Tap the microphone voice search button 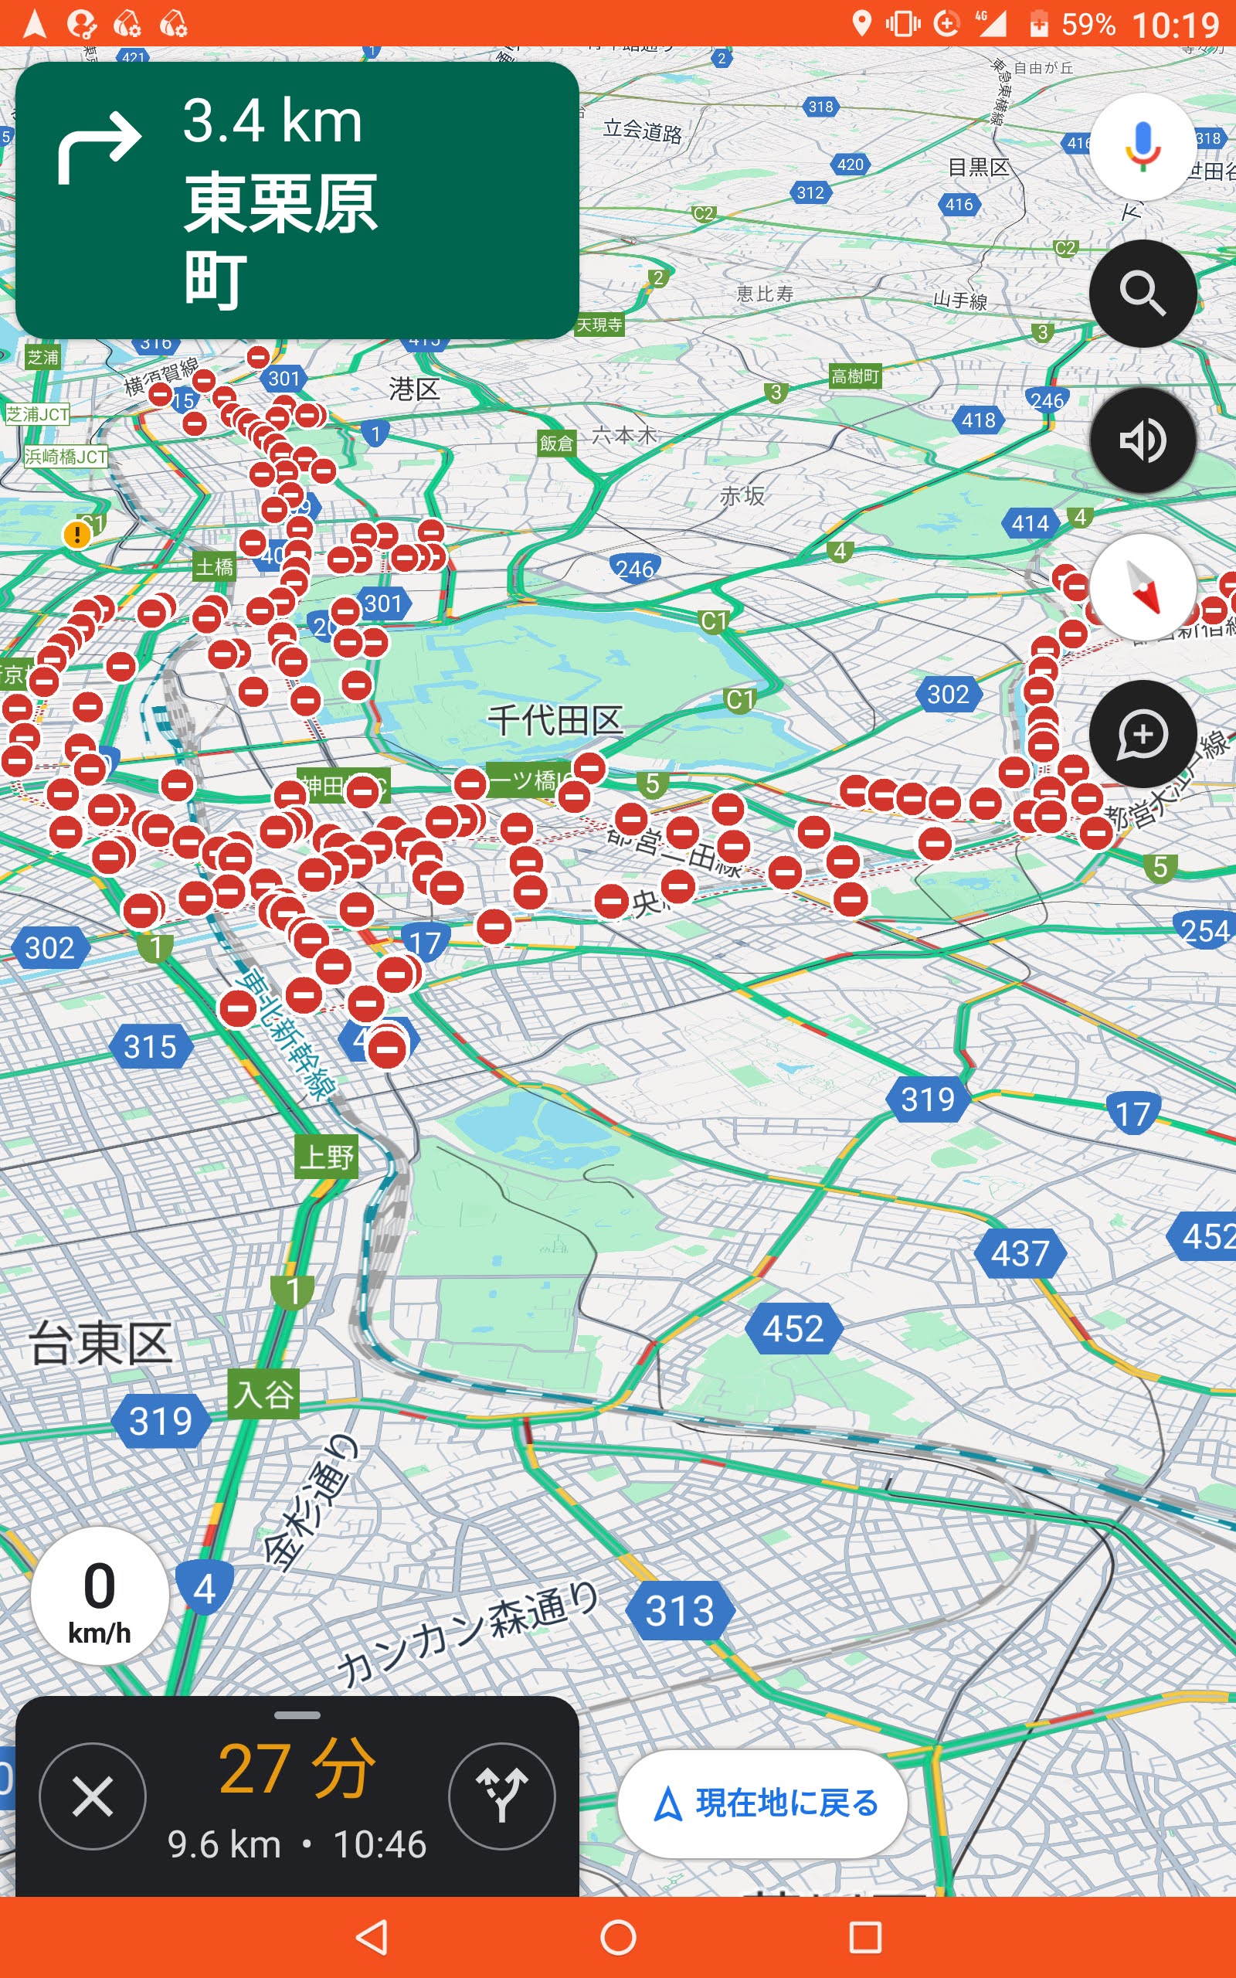pos(1142,147)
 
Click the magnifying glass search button pos(1142,294)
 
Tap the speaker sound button pos(1142,440)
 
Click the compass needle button pos(1142,587)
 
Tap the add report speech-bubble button pos(1142,734)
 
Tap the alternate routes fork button pos(501,1796)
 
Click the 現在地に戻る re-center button pos(762,1803)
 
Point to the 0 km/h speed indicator pos(100,1596)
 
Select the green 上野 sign pos(326,1157)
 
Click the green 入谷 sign pos(263,1394)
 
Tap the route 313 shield pos(679,1611)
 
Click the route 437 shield pos(1020,1253)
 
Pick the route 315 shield pos(151,1046)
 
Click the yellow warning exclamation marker pos(76,535)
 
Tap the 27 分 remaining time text pos(297,1769)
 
